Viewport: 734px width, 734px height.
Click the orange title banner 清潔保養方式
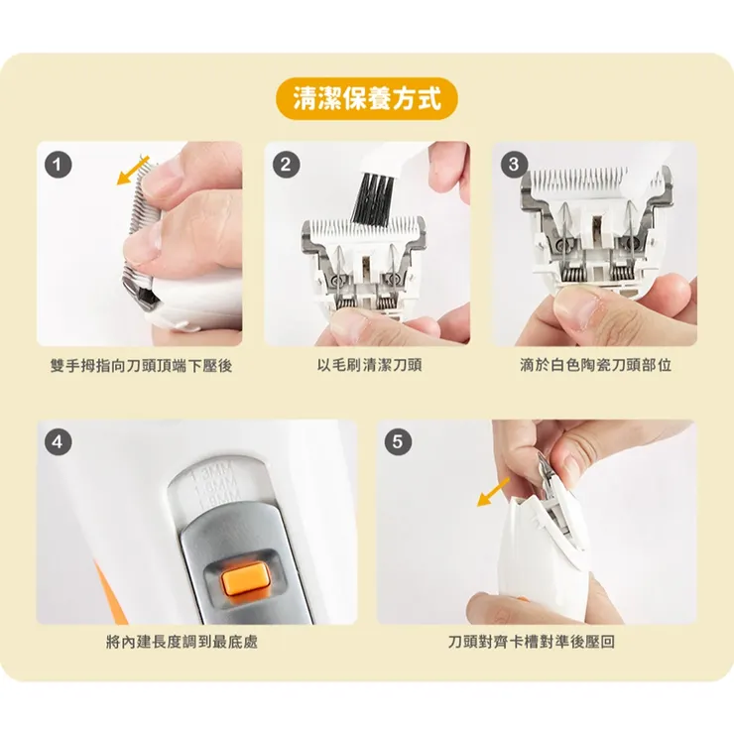tap(366, 99)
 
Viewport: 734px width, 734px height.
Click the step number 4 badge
tap(60, 443)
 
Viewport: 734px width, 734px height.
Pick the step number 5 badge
tap(398, 443)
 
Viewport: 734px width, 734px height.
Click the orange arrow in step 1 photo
tap(132, 170)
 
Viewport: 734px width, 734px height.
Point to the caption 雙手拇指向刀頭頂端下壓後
tap(141, 365)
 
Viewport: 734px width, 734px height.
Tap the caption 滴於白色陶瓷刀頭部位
tap(595, 365)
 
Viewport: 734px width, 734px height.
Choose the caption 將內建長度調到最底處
tap(182, 642)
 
